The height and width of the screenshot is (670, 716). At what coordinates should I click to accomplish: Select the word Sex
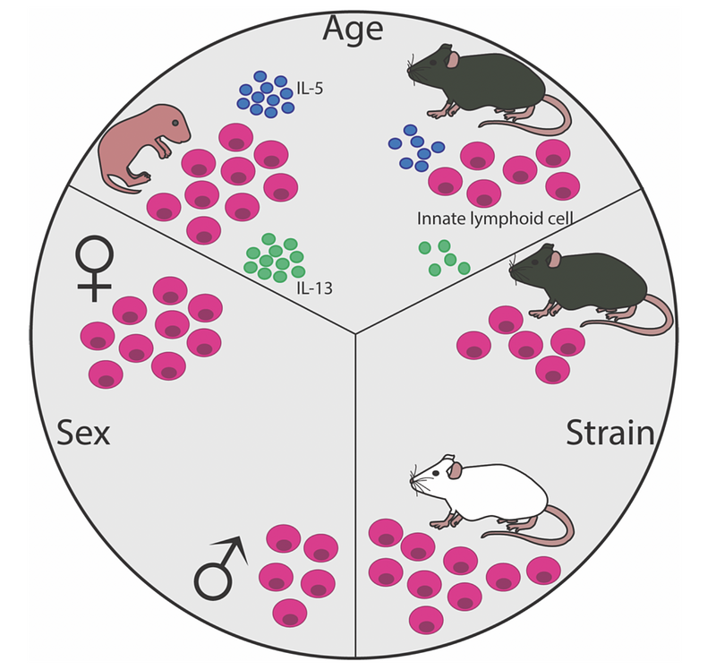pos(83,434)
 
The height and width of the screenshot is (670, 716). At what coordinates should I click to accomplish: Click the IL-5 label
pos(311,89)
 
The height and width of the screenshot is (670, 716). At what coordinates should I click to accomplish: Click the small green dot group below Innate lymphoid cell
pos(441,256)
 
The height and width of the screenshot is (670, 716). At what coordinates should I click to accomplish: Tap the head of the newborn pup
pos(171,131)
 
